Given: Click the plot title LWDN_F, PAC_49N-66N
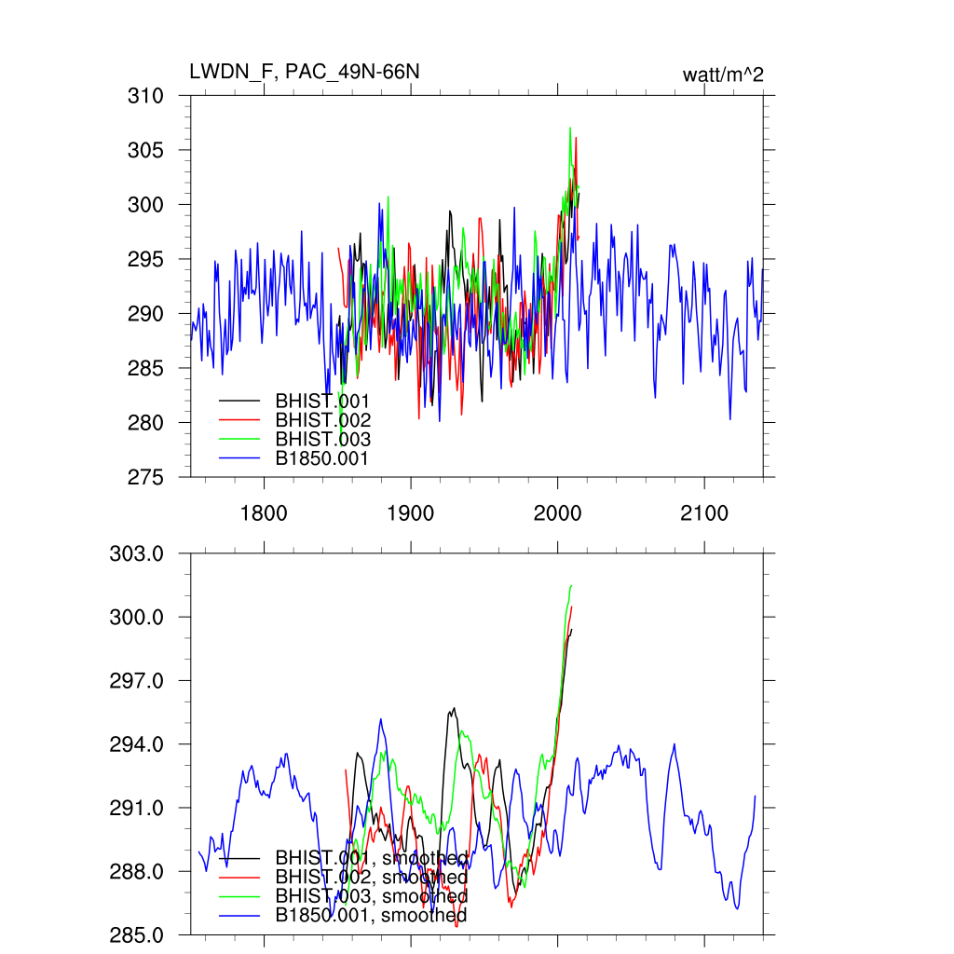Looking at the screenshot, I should pyautogui.click(x=298, y=72).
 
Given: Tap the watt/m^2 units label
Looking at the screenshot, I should pyautogui.click(x=723, y=75).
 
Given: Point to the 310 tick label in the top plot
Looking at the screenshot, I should pyautogui.click(x=146, y=96).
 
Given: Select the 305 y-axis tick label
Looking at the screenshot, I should pyautogui.click(x=146, y=150).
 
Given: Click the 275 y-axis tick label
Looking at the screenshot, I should pyautogui.click(x=146, y=477).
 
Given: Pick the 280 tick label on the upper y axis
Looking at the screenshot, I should pyautogui.click(x=146, y=423).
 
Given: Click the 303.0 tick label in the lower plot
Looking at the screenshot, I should pyautogui.click(x=138, y=553).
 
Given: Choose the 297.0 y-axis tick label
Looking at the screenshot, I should pyautogui.click(x=138, y=681).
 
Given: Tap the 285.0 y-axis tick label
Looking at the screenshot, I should pyautogui.click(x=138, y=934).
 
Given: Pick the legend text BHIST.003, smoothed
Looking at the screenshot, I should pyautogui.click(x=371, y=896).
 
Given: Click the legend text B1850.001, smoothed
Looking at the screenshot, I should pyautogui.click(x=371, y=916).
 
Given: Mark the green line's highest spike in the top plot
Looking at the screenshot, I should pyautogui.click(x=570, y=128).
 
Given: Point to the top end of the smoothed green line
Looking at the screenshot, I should pyautogui.click(x=570, y=585).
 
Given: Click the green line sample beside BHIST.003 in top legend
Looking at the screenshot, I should pyautogui.click(x=238, y=440).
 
